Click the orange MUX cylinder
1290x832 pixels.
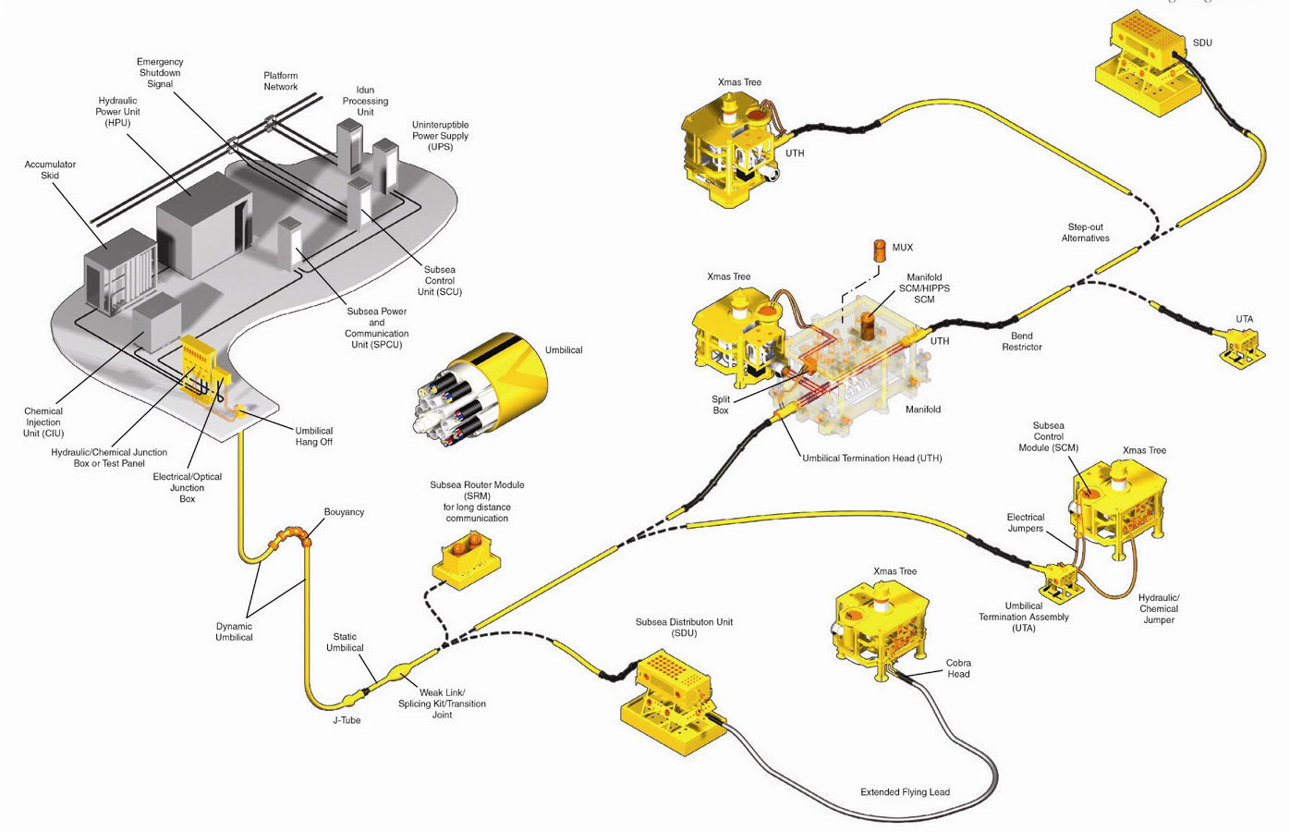point(880,251)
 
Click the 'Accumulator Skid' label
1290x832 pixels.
point(50,170)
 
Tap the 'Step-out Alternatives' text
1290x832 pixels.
point(1085,232)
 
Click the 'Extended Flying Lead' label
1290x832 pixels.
point(905,792)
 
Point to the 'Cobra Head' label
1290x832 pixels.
point(958,668)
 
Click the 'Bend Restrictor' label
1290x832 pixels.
point(1021,341)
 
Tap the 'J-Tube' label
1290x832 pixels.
point(347,720)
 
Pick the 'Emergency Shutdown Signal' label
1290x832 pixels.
point(160,73)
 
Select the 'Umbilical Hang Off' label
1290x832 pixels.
point(313,436)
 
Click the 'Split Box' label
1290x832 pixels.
point(721,405)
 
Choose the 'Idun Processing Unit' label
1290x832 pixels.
point(365,101)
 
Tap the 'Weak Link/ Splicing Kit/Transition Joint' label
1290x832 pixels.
point(443,704)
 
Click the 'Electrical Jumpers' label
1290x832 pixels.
point(1025,522)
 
